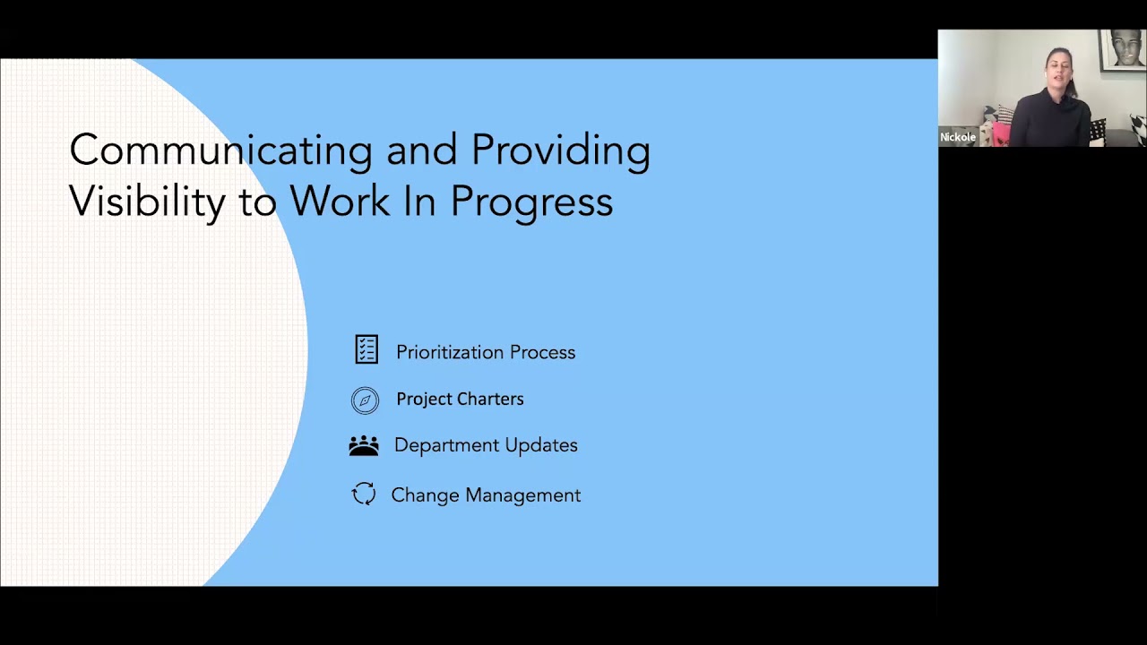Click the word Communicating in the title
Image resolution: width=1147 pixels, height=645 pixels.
click(x=220, y=150)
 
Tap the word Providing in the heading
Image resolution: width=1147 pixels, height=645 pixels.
click(x=560, y=150)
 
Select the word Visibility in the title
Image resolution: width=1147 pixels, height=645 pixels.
click(x=147, y=202)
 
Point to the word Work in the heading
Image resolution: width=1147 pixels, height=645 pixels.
click(x=340, y=202)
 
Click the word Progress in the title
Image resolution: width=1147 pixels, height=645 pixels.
click(x=531, y=202)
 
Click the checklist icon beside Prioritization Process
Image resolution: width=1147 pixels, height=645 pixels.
click(x=367, y=349)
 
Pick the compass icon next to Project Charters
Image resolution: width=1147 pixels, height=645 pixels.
click(x=365, y=400)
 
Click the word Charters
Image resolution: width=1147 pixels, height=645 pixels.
click(x=489, y=400)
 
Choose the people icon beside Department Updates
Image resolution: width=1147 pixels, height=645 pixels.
click(x=364, y=445)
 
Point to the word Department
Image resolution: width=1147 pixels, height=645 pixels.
click(x=445, y=446)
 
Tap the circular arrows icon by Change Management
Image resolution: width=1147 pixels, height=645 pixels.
click(x=364, y=494)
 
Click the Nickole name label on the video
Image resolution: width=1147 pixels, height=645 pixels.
click(x=958, y=137)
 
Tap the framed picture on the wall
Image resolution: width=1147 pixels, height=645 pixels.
click(x=1123, y=49)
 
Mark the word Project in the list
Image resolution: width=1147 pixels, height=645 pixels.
click(x=426, y=400)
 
